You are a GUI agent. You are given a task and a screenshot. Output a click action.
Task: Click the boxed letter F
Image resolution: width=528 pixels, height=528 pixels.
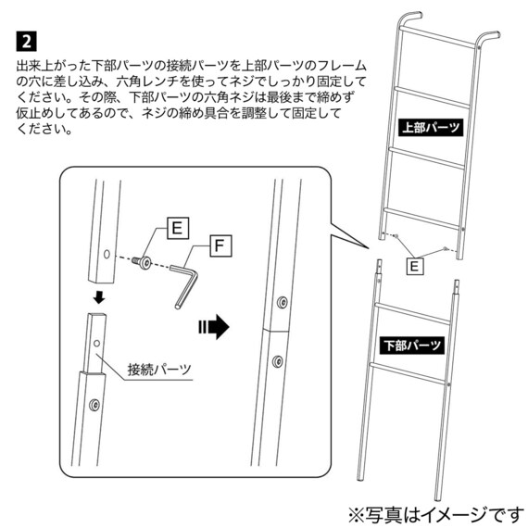tap(219, 245)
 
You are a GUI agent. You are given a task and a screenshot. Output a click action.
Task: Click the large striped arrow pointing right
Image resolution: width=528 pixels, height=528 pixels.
tap(212, 326)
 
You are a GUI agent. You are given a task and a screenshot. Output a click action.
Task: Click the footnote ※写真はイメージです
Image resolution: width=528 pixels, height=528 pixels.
tap(434, 511)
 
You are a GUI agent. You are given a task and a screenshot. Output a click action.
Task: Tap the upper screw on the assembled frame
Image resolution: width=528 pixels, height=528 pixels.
tap(282, 302)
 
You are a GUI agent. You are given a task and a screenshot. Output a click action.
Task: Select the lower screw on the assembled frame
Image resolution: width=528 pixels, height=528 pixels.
tap(278, 360)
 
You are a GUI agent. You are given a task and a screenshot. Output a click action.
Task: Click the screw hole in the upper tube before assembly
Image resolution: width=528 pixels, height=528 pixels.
tap(107, 253)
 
